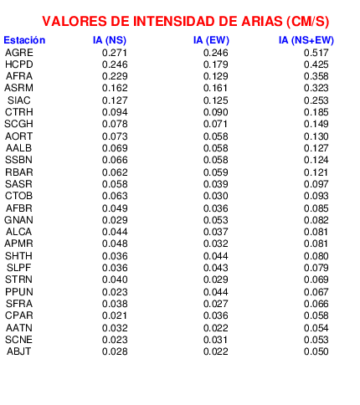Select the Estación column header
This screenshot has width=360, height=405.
24,40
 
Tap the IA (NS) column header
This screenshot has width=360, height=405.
110,40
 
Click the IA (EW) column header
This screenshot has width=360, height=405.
211,40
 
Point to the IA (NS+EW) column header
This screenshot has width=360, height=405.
306,40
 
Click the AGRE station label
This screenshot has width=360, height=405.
19,53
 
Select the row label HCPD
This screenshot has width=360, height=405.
19,64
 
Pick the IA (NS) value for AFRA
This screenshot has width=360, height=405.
115,76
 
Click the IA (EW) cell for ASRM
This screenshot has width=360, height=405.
215,88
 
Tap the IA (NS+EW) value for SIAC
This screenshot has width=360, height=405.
316,100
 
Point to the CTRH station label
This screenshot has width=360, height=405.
19,112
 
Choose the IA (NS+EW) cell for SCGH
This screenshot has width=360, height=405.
316,124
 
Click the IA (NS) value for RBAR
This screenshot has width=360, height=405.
115,172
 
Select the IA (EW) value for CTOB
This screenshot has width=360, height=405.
216,196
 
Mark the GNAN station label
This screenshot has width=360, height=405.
18,220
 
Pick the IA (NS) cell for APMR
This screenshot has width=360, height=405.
115,244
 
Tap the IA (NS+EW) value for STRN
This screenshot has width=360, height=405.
316,279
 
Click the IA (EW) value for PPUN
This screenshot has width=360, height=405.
216,292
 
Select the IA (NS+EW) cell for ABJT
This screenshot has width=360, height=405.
316,351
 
